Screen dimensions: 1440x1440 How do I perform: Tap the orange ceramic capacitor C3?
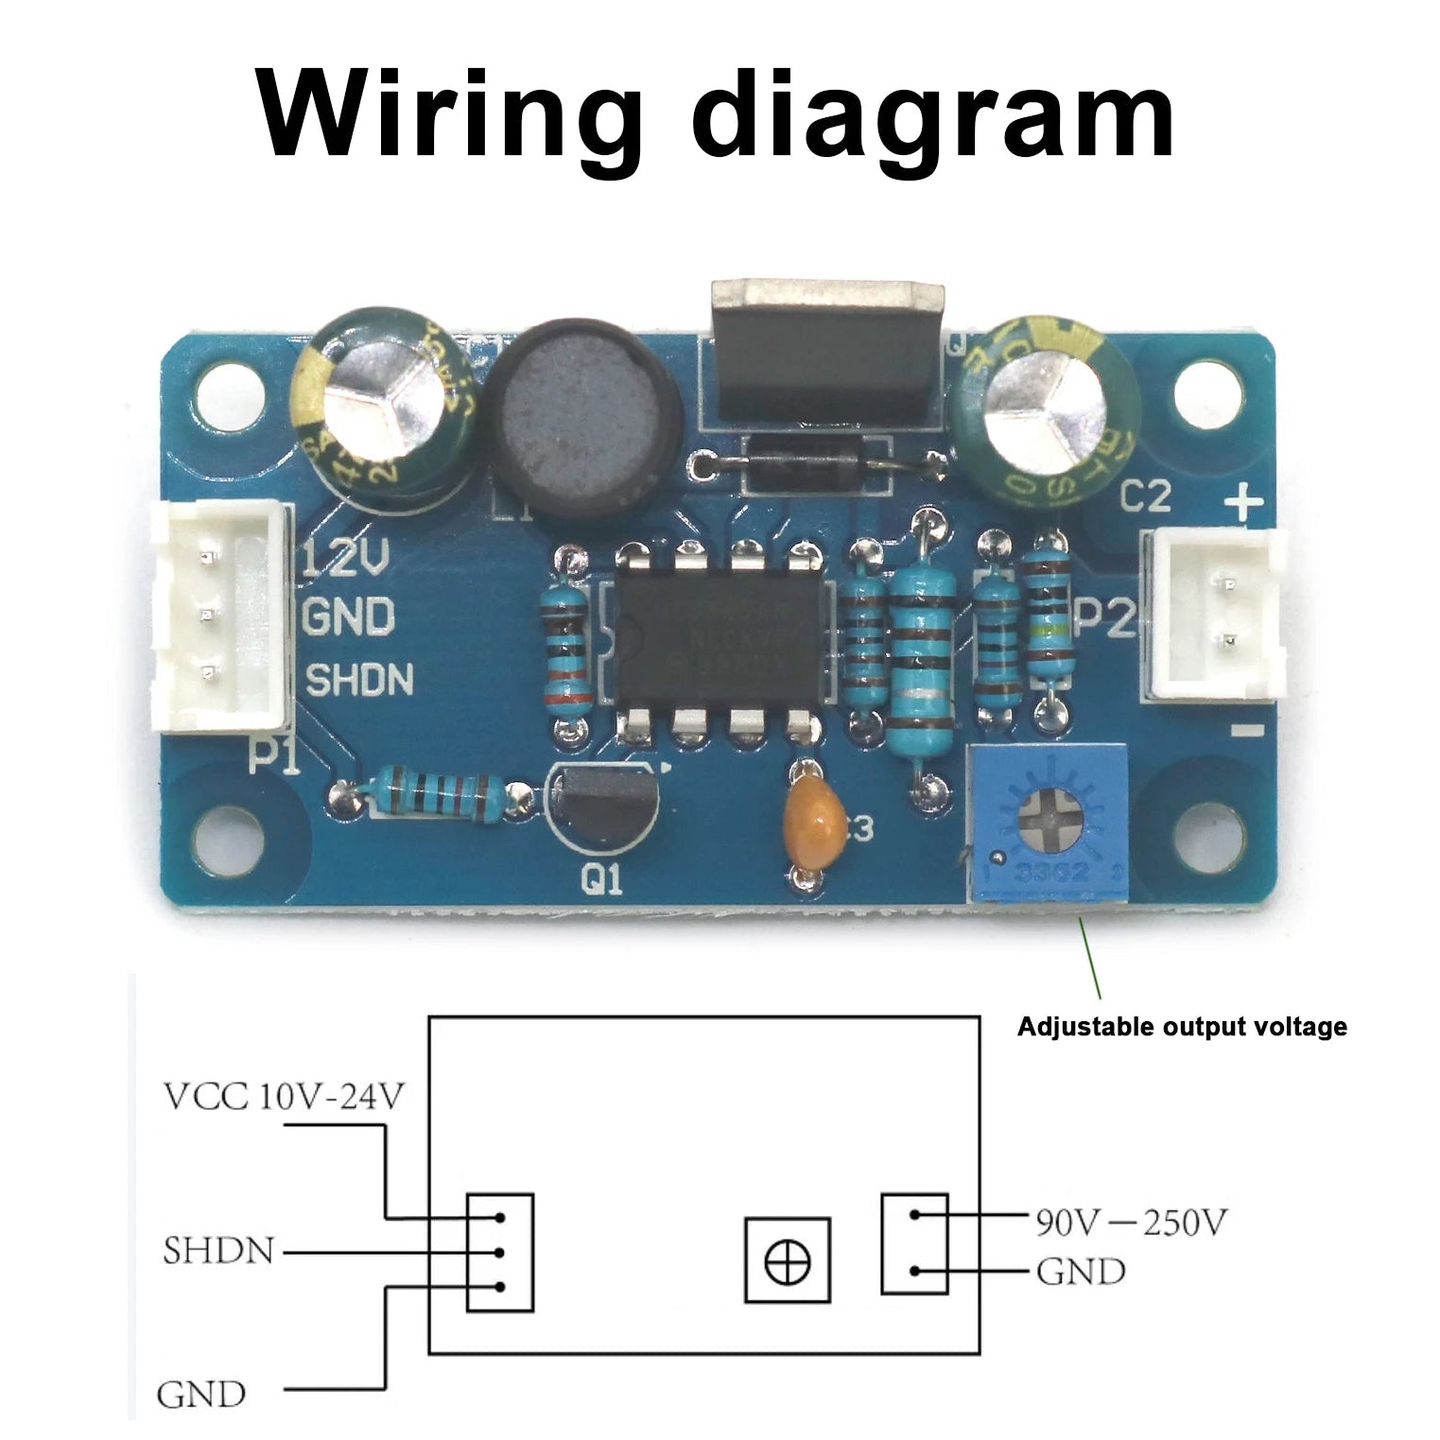point(815,819)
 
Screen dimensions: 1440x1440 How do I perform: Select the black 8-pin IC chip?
point(717,642)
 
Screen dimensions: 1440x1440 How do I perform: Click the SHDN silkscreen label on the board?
point(360,680)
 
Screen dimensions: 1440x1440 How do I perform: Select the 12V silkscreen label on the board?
point(345,562)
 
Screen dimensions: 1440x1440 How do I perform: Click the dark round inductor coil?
point(582,413)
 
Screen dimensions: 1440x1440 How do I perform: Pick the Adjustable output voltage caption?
point(1181,1027)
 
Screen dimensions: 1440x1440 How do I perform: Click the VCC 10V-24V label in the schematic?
point(285,1097)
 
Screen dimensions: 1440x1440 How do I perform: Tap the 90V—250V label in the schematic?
point(1130,1223)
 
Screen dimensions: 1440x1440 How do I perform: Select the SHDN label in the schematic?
point(218,1251)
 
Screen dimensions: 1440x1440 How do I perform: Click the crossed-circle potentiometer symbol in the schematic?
point(787,1260)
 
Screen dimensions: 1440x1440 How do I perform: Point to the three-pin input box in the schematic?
point(500,1252)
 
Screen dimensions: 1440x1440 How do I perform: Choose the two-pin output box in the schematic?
point(913,1243)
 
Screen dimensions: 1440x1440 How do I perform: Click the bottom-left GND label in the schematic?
point(200,1394)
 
